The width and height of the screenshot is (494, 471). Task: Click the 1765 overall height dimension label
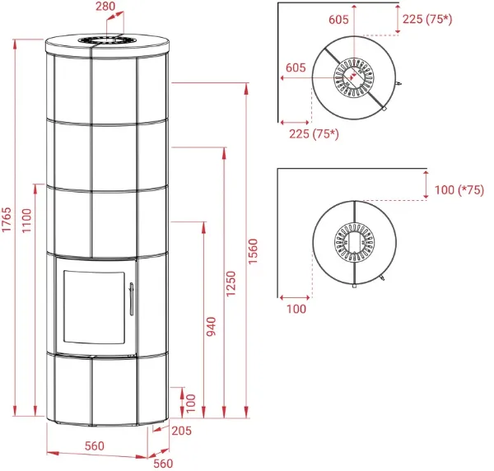point(7,219)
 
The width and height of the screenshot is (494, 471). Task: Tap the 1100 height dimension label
point(27,221)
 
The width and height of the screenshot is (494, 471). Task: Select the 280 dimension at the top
point(105,6)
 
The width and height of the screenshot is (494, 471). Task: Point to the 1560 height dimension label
point(253,251)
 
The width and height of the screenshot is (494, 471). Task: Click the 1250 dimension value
point(231,283)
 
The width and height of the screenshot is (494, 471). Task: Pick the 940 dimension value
point(211,326)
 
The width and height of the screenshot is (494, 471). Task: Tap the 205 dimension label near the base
point(181,431)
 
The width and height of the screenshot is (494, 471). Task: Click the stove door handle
point(132,299)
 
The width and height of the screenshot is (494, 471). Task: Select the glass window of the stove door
point(95,307)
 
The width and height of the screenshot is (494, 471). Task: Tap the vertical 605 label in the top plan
point(338,20)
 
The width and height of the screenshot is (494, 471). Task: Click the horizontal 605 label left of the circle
point(296,68)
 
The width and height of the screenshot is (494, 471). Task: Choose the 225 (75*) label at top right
point(427,19)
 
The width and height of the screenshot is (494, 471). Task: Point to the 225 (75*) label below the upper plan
point(315,134)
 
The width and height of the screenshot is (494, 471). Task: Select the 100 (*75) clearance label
point(459,189)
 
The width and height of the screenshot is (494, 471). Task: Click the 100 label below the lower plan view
point(296,309)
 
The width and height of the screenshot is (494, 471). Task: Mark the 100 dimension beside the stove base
point(191,403)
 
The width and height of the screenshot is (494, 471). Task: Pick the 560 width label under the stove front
point(95,445)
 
